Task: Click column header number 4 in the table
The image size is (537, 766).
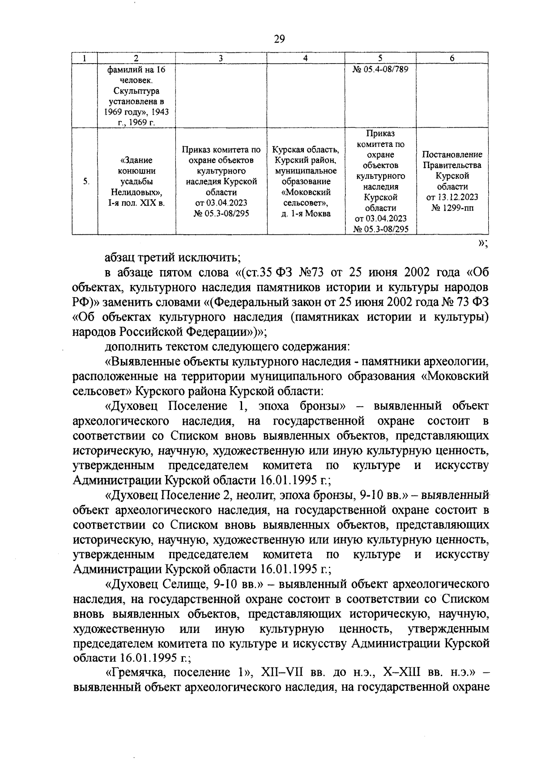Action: pyautogui.click(x=305, y=58)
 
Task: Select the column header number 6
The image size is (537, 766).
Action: pyautogui.click(x=452, y=58)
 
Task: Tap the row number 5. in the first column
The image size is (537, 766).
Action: pyautogui.click(x=85, y=181)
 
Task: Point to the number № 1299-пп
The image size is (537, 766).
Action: pyautogui.click(x=452, y=208)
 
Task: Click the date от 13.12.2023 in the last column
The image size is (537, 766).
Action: pyautogui.click(x=452, y=197)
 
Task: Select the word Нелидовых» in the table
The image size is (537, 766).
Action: pyautogui.click(x=136, y=192)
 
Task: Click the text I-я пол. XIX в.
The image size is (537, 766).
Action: pyautogui.click(x=136, y=203)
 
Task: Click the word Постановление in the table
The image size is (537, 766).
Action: pyautogui.click(x=452, y=155)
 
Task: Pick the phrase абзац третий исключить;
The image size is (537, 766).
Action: pyautogui.click(x=173, y=258)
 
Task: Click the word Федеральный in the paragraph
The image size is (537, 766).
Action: pyautogui.click(x=251, y=302)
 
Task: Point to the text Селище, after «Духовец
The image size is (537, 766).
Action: pyautogui.click(x=182, y=584)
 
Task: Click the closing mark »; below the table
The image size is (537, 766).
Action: pyautogui.click(x=482, y=243)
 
